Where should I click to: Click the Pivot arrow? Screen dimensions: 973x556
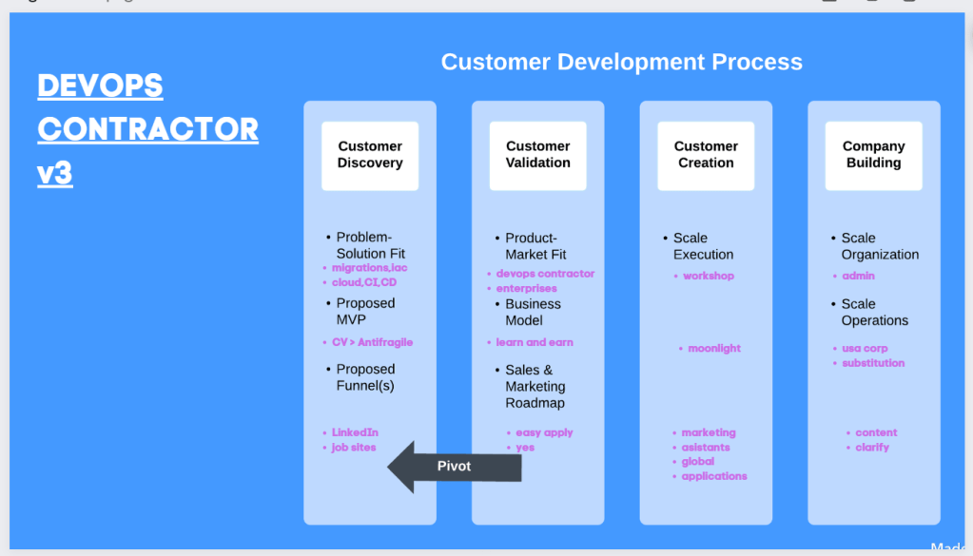coord(455,467)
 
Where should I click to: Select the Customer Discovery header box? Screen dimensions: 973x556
coord(370,156)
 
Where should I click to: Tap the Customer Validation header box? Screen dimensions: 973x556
coord(538,156)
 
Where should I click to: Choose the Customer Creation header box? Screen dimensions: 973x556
coord(706,156)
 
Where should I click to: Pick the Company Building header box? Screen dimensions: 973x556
coord(874,156)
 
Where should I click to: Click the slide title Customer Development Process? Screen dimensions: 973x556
coord(622,62)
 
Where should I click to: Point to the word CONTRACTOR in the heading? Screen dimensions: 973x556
coord(147,129)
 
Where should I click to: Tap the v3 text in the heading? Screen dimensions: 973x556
coord(54,173)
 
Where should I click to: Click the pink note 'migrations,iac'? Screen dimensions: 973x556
coord(369,268)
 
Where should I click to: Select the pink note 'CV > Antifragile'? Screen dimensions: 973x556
coord(372,342)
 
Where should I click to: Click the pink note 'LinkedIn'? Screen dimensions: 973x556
coord(355,432)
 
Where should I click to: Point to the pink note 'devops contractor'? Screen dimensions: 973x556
coord(545,274)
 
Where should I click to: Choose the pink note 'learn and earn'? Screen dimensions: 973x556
coord(535,342)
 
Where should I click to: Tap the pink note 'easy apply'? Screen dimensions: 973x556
coord(544,432)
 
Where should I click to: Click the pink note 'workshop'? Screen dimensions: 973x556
coord(708,276)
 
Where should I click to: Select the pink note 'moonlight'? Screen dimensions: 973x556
coord(714,349)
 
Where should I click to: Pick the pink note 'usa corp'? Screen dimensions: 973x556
coord(865,349)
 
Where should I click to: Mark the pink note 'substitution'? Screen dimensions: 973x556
coord(873,363)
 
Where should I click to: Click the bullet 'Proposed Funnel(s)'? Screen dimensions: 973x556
coord(365,377)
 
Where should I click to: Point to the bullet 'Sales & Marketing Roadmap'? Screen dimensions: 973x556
coord(535,386)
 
